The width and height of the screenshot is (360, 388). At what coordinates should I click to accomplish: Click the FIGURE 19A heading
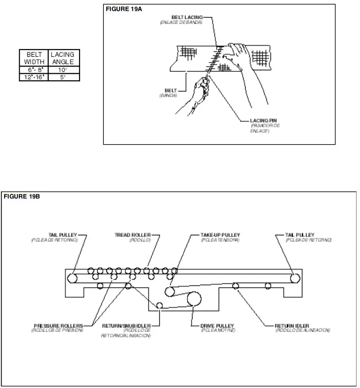[x=124, y=9]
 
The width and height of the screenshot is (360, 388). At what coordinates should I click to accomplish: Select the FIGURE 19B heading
[x=22, y=196]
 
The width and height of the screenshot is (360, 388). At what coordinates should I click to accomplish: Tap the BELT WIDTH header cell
[x=34, y=58]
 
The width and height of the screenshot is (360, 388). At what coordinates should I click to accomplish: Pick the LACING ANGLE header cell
[x=63, y=58]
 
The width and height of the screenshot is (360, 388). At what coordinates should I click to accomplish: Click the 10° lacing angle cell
[x=63, y=70]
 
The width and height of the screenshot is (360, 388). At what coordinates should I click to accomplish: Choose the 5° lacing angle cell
[x=63, y=77]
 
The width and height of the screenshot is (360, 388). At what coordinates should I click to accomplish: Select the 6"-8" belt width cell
[x=34, y=70]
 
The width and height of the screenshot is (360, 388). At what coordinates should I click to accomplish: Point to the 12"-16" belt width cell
[x=34, y=77]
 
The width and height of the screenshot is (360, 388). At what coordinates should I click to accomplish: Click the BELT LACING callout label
[x=186, y=18]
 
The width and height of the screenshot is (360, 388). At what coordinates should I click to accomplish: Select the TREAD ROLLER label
[x=132, y=235]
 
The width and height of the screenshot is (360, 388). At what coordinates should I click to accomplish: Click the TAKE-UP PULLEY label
[x=220, y=235]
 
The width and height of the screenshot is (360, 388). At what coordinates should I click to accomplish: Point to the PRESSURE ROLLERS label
[x=58, y=326]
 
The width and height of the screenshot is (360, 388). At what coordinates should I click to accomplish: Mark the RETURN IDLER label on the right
[x=292, y=326]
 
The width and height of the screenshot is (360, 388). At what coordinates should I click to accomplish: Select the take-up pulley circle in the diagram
[x=170, y=291]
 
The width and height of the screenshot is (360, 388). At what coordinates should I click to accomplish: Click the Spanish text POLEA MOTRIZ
[x=218, y=330]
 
